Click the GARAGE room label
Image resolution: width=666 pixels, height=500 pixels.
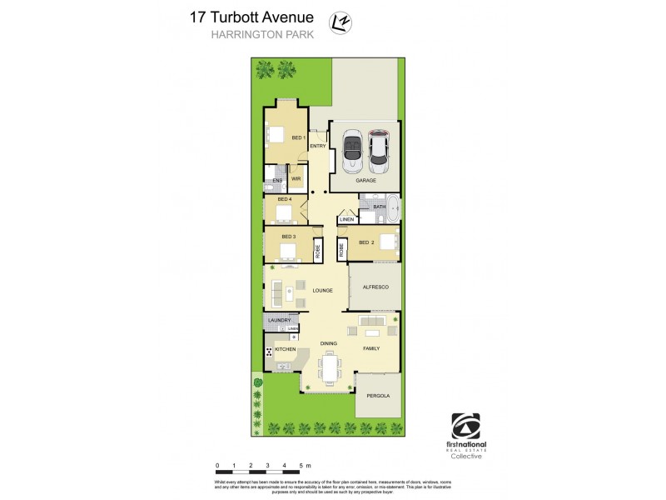coord(366,180)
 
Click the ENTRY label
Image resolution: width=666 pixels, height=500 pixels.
coord(317,147)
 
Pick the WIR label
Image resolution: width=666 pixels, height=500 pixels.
coord(296,179)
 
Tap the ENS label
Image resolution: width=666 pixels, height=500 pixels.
coord(277,180)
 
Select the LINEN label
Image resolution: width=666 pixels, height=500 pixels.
coord(346,220)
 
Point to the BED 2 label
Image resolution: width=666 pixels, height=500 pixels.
coord(367,242)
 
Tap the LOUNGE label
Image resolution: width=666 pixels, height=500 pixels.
coord(323,290)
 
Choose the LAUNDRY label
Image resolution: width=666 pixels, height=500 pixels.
coord(279,320)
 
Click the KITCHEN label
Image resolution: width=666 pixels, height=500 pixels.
coord(286,350)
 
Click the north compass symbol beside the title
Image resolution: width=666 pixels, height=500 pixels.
coord(340,20)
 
